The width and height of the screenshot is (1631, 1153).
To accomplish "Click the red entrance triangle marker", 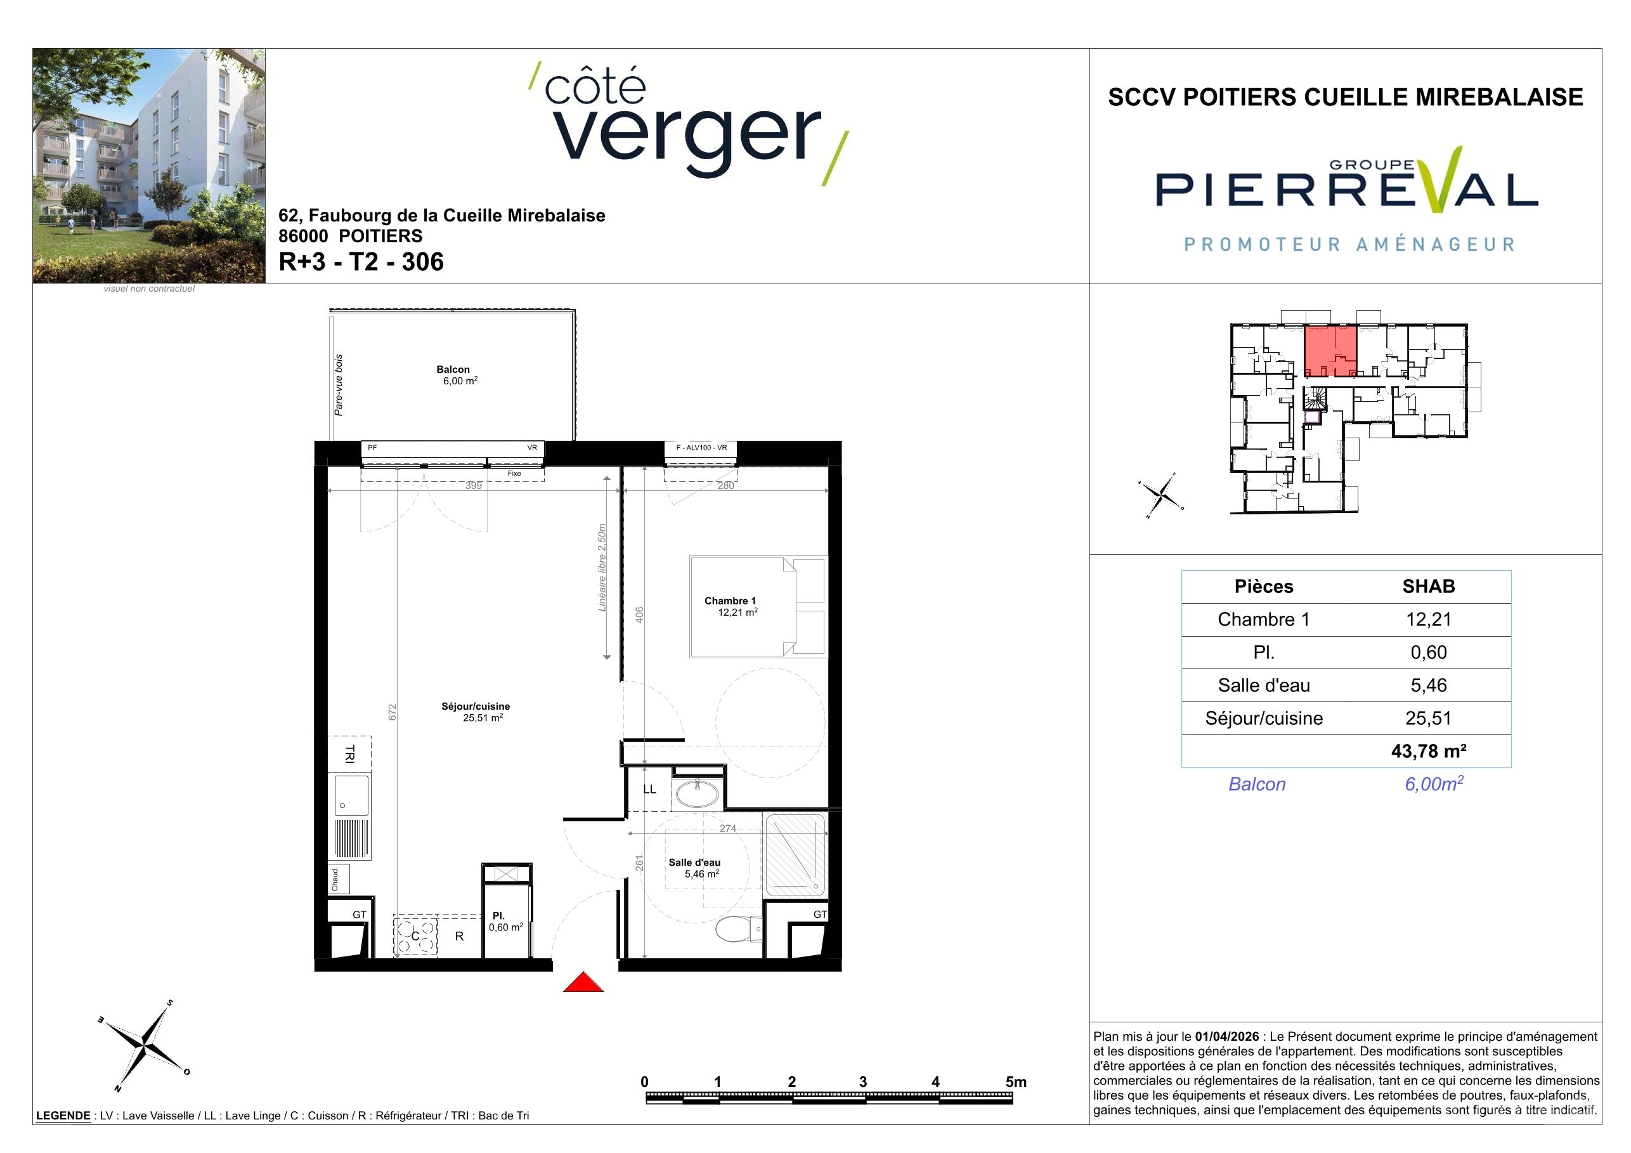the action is coord(583,982).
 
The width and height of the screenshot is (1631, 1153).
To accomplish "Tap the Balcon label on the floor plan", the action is coord(453,369).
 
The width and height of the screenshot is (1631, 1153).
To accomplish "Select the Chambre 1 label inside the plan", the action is coord(731,601).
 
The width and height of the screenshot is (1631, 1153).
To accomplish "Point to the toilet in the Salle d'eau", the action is coord(739,928).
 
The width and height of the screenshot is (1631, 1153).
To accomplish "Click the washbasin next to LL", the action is coord(697,793).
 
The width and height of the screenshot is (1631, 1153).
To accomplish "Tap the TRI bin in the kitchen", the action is coord(349,753).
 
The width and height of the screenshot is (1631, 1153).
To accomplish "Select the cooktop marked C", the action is coord(415,936).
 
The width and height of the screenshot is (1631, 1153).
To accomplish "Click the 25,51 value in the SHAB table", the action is coord(1429,718).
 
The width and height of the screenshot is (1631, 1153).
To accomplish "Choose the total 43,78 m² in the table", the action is coord(1429,751).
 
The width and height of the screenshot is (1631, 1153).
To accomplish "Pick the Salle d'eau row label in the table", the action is coord(1264,686).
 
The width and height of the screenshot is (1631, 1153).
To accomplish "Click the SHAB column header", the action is coord(1429,586).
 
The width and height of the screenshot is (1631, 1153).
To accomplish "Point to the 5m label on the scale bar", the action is coord(1016,1082).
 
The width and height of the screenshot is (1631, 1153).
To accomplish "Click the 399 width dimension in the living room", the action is coord(474,486).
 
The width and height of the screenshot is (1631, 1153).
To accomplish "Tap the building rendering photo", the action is coord(149,166).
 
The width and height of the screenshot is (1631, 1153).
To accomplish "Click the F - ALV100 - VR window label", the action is coord(701,448).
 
